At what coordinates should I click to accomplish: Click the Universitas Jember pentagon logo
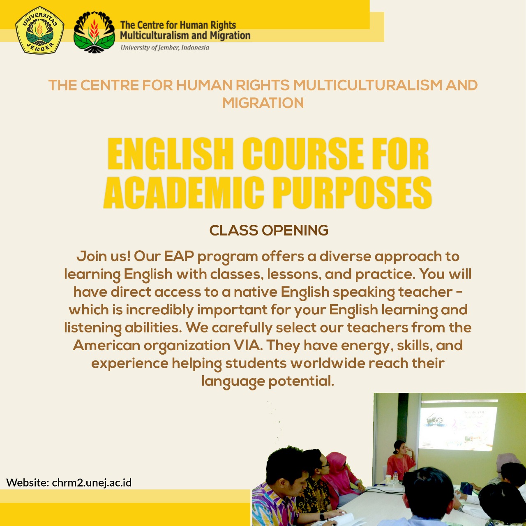pos(39,30)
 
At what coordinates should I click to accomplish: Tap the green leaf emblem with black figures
pos(94,32)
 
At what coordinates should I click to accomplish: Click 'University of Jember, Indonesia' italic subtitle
pos(165,48)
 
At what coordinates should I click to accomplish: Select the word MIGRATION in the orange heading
pos(263,103)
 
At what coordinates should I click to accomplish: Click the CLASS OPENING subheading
pos(269,231)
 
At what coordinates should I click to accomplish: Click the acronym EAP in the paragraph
pos(179,256)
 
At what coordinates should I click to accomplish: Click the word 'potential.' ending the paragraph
pos(301,381)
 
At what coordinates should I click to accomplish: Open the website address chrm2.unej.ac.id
pos(92,482)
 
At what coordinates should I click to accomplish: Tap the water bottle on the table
pos(395,477)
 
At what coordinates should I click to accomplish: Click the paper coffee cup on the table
pos(388,479)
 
